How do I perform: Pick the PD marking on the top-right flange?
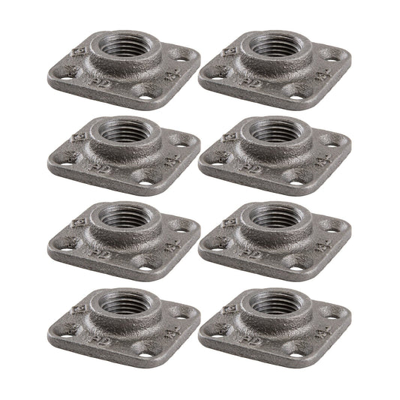pos(253,77)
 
